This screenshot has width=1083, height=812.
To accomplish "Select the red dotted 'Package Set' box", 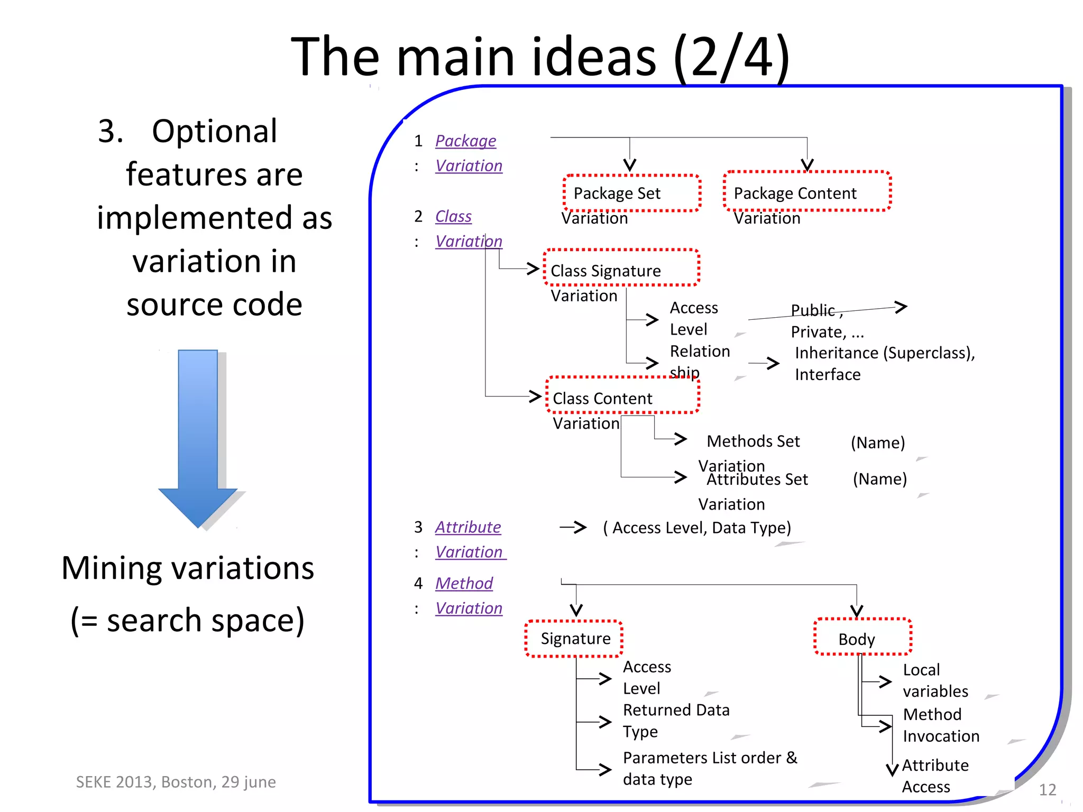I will coord(632,193).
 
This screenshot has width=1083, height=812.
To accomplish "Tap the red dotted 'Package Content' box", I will coord(807,192).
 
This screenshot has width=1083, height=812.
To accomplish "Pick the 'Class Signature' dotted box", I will coord(621,268).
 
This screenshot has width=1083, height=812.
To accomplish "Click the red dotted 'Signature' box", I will coord(574,639).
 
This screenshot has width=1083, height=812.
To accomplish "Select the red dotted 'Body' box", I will coord(862,637).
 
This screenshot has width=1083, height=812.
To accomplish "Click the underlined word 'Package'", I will coord(465,141).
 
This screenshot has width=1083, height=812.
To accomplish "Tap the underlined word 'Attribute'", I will coord(468,527).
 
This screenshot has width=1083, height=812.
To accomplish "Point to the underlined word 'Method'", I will coord(464,583).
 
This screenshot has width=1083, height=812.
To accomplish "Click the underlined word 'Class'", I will coord(453,216).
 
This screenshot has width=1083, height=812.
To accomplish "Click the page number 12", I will coord(1047,789).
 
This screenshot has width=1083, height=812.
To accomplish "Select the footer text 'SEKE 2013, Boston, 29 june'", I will coord(176,782).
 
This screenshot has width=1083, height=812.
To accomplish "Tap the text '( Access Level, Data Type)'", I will coord(697,528).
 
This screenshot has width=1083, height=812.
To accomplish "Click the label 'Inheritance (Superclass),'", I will coord(885,353).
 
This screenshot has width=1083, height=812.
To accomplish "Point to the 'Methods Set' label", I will coord(753,441).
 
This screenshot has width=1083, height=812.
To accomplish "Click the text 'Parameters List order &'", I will coord(710,758).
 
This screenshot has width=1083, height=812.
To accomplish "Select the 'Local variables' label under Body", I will coord(935,680).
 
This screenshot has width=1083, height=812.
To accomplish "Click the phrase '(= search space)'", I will coord(188,620).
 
